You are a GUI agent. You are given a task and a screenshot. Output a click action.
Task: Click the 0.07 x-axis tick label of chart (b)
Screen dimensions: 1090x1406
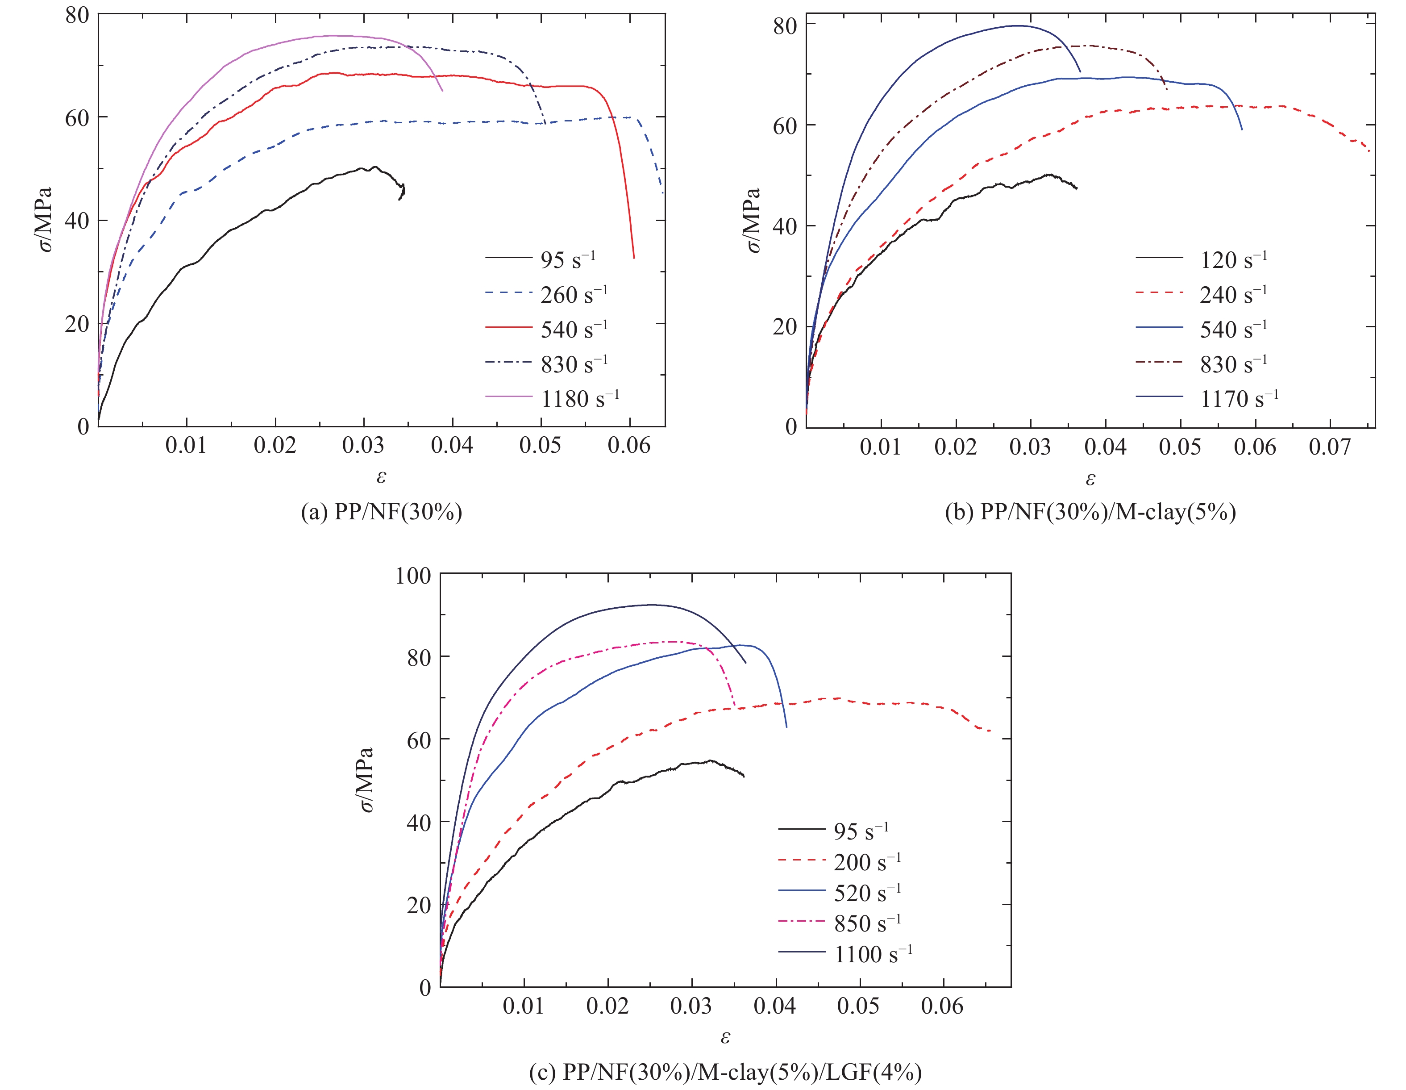(1329, 447)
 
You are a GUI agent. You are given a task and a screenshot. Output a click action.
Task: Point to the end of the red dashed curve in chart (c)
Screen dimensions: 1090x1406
(990, 731)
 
